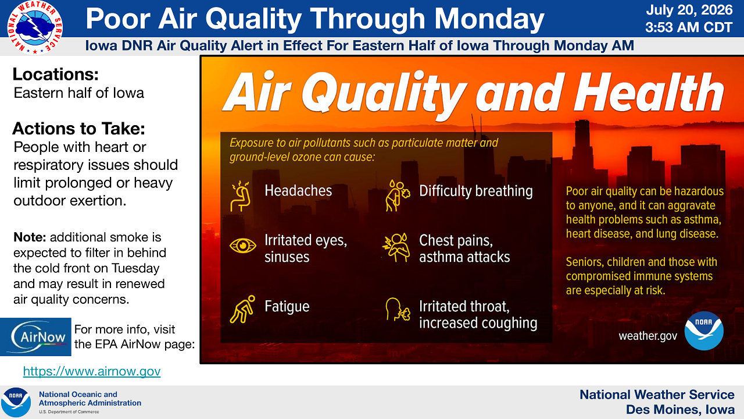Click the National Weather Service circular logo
pos(35,27)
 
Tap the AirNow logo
pos(35,337)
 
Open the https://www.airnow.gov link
pos(92,371)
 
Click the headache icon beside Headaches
pos(241,196)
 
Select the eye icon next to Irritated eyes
pos(243,246)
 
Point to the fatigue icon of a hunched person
pos(242,309)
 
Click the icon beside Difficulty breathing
pos(398,196)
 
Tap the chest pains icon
pos(396,247)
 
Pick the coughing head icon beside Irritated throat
pos(398,310)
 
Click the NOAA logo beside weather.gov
pos(704,331)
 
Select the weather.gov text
pos(648,336)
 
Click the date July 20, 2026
pos(689,10)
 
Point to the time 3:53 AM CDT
pos(689,27)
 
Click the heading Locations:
pos(55,74)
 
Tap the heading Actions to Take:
pos(78,129)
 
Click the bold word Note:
pos(30,237)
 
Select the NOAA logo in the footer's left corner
pos(16,402)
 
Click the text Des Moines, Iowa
pos(681,410)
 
